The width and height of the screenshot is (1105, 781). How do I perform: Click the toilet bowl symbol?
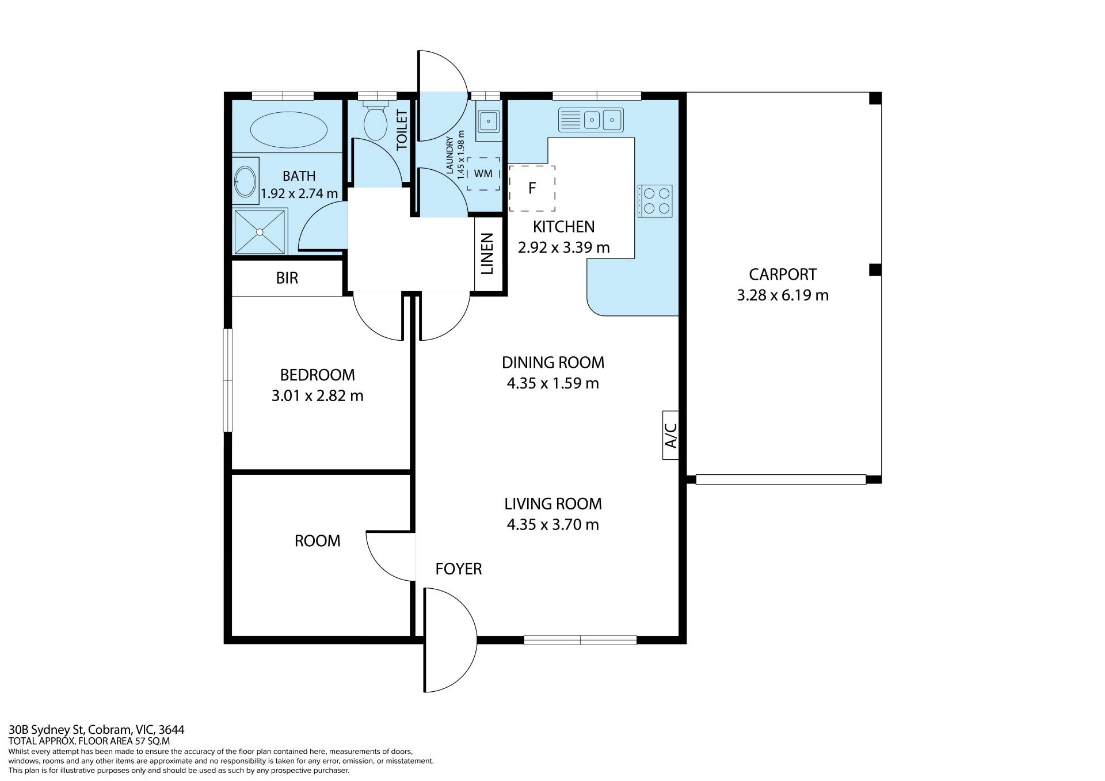click(376, 121)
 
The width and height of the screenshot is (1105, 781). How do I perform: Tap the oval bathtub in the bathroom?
click(288, 129)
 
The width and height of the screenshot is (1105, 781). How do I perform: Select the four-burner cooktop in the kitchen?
click(655, 201)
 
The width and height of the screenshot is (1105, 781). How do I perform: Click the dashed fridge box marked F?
click(532, 188)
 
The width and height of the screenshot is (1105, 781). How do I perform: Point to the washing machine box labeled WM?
click(483, 174)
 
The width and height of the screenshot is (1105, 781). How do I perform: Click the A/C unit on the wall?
click(671, 435)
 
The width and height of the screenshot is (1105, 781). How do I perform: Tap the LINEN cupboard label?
click(487, 254)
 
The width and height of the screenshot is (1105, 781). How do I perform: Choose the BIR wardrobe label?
click(287, 278)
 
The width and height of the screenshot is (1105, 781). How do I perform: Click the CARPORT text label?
click(783, 275)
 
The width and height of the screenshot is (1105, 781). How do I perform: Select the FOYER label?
click(459, 569)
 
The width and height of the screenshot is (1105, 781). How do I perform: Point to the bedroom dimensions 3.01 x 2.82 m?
click(318, 396)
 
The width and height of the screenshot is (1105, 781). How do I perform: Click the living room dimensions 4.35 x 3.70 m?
click(553, 525)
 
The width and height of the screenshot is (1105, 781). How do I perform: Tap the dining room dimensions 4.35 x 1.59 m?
click(553, 383)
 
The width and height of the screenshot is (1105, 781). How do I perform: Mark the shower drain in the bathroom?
click(260, 232)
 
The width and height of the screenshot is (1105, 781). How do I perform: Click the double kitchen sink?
click(590, 120)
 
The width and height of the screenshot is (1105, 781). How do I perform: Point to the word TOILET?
click(402, 130)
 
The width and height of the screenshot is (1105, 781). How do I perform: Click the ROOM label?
click(318, 541)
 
